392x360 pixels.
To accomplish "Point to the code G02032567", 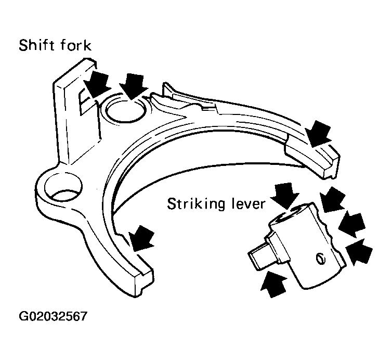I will (53, 316).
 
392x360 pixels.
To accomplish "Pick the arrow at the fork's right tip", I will (318, 133).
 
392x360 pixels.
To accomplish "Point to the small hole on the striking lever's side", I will (320, 259).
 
